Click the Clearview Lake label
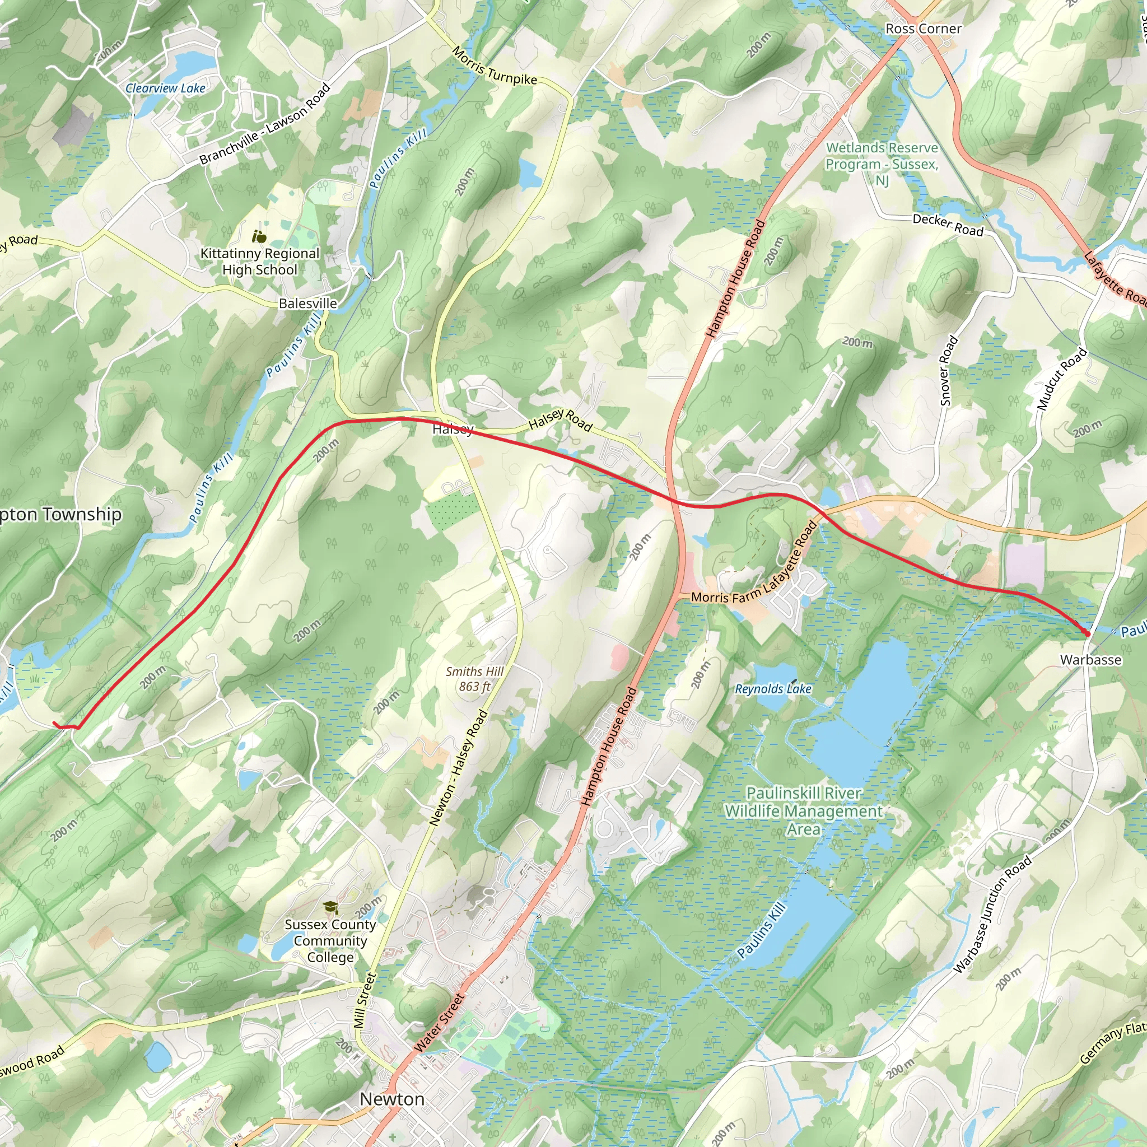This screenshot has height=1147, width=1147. (x=165, y=88)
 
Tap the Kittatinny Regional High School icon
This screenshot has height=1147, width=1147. (x=259, y=237)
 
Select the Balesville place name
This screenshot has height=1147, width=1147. (x=307, y=304)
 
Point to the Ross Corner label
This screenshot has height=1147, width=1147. (x=923, y=29)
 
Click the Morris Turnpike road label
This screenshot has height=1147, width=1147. (x=494, y=66)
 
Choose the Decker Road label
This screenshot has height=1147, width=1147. (x=948, y=225)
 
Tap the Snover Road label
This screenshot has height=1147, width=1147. (x=949, y=371)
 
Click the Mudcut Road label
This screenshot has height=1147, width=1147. (x=1061, y=379)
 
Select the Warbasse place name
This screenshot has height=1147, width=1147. (x=1090, y=660)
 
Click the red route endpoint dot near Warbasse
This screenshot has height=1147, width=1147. (x=1087, y=633)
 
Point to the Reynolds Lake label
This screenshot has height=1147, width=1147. (x=773, y=689)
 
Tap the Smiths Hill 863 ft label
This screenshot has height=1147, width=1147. (x=474, y=679)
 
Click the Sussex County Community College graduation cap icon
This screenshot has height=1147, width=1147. (x=330, y=907)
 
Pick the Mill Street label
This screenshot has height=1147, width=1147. (x=365, y=1000)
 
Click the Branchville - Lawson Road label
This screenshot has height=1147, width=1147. (x=265, y=124)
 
